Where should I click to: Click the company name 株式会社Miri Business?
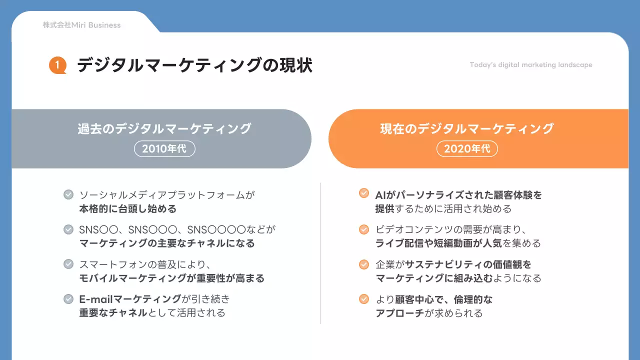coord(81,25)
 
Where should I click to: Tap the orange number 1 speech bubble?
coord(57,65)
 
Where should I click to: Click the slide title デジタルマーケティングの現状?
coord(194,65)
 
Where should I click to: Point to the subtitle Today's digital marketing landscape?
coord(531,65)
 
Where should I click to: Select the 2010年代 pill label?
coord(164,148)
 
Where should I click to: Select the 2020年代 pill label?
coord(467,148)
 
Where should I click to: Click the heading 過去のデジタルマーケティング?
coord(164,128)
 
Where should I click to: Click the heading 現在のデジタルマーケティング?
coord(467,128)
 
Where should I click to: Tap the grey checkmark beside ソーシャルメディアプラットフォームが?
coord(68,194)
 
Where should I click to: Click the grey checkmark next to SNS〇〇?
coord(68,229)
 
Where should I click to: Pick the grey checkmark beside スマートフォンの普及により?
coord(68,264)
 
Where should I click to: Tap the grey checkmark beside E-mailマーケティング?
coord(68,299)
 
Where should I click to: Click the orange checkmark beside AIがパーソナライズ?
coord(364,193)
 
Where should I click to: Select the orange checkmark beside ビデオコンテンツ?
coord(364,229)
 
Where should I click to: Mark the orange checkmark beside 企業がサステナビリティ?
coord(364,264)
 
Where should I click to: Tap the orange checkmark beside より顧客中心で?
coord(364,299)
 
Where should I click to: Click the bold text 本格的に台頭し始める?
coord(127,208)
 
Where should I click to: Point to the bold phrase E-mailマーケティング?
coord(130,299)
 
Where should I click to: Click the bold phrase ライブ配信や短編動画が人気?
coord(439,243)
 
